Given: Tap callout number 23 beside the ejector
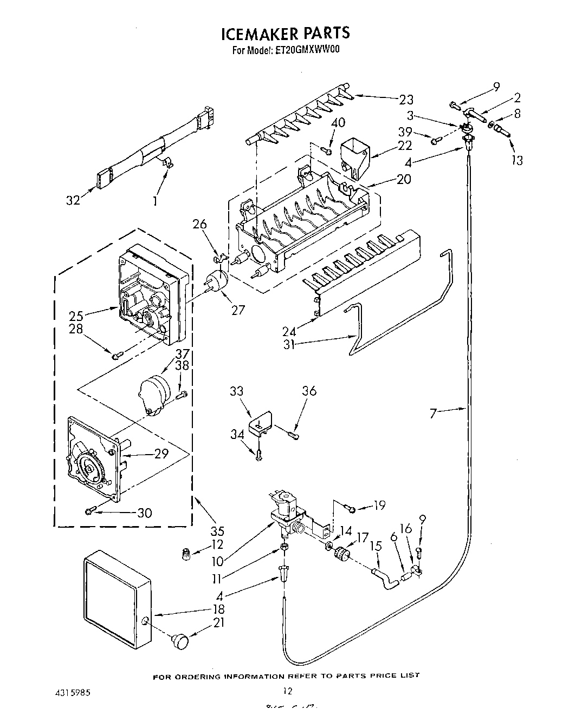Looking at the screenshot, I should click(406, 100).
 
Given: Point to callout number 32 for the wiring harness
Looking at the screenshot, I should click(73, 200).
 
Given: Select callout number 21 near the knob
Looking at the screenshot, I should click(218, 623).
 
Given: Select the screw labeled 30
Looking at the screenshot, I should click(90, 510).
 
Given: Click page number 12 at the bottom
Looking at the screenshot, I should click(288, 691).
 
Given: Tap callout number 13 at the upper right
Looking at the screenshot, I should click(517, 160).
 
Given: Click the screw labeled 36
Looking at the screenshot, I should click(294, 433).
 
